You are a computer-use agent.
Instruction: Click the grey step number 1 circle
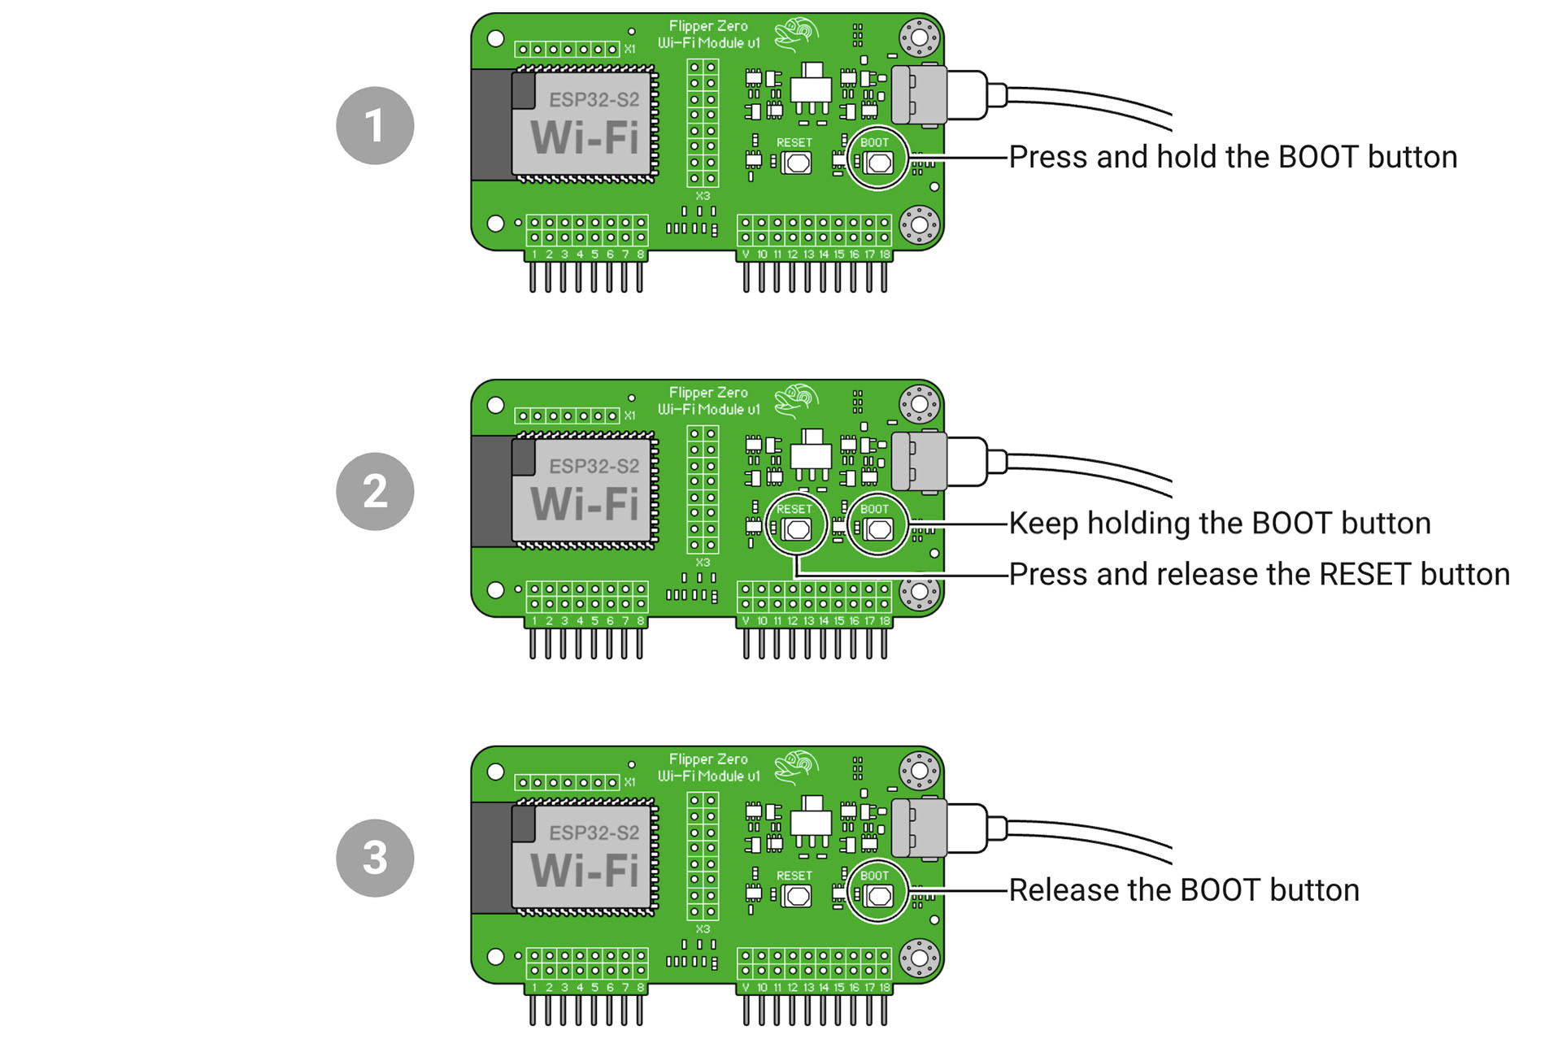(375, 126)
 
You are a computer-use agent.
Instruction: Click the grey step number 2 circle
(375, 492)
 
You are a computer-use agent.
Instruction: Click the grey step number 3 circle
(375, 859)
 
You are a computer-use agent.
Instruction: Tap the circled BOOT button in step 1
(878, 163)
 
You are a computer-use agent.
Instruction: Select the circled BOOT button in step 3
(878, 896)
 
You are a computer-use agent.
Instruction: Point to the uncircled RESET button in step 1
(797, 163)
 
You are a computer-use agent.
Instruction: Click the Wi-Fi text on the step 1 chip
(585, 137)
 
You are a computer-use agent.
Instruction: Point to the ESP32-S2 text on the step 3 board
(594, 833)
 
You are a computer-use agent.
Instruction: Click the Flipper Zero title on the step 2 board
(708, 393)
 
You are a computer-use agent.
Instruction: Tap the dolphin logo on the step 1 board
(797, 34)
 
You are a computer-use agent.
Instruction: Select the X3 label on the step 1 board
(703, 196)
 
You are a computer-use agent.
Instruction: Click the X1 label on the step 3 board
(629, 782)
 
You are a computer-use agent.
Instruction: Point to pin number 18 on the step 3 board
(884, 988)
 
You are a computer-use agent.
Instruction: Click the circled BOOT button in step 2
(878, 529)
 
